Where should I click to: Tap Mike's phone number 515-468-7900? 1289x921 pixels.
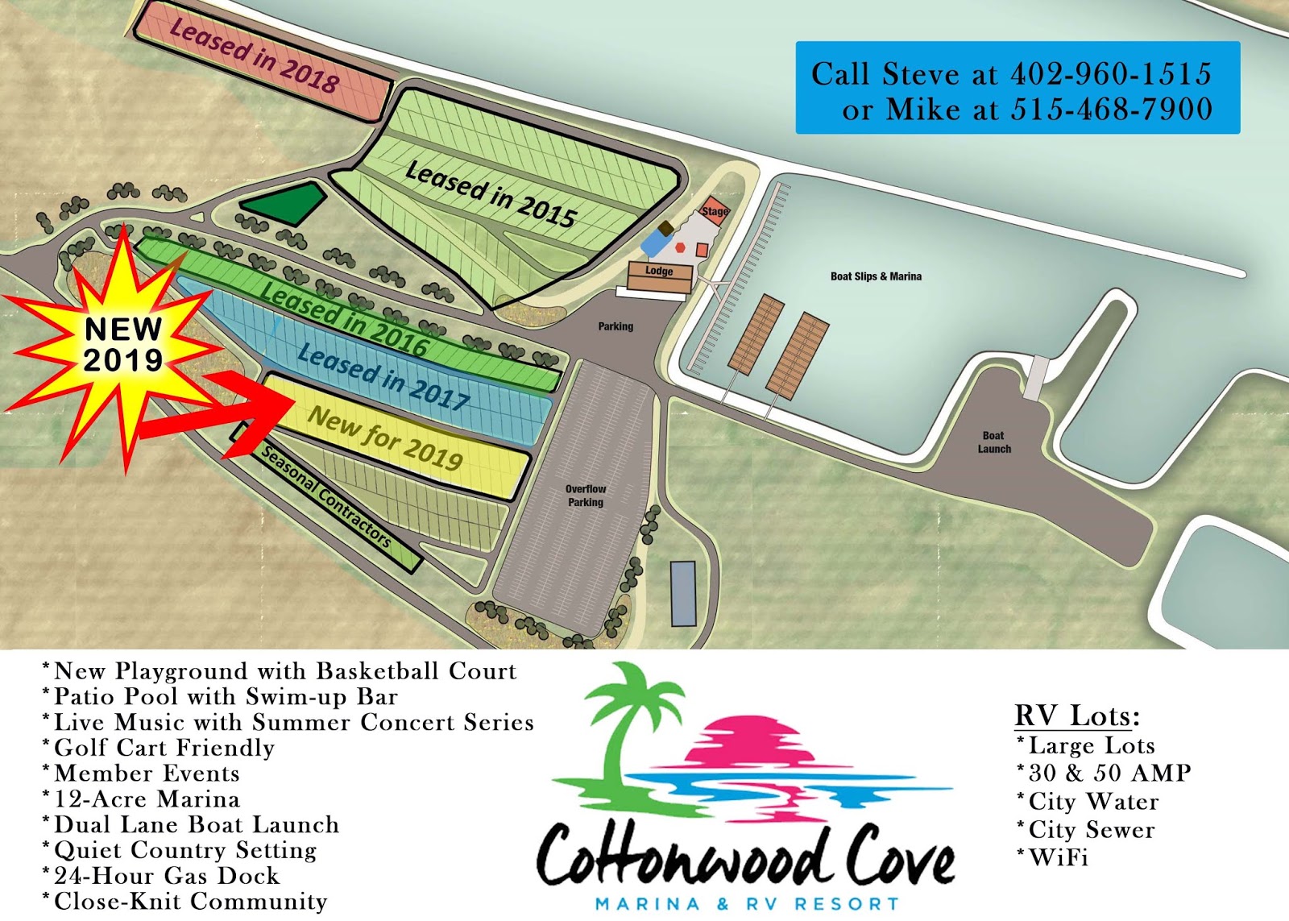point(1111,110)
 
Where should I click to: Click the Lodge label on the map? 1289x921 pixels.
point(659,272)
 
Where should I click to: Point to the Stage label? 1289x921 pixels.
point(715,211)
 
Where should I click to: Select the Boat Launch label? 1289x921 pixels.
point(994,442)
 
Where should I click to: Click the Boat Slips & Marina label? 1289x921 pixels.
point(876,276)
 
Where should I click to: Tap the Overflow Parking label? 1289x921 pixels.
point(586,496)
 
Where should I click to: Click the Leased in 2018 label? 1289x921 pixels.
point(254,56)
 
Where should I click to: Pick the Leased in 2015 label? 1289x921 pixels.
point(491,193)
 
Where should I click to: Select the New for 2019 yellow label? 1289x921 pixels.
point(385,438)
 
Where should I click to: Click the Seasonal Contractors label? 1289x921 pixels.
point(326,497)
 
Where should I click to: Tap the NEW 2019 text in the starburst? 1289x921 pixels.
point(123,345)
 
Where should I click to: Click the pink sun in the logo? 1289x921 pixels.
point(745,737)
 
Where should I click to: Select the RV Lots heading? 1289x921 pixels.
point(1076,716)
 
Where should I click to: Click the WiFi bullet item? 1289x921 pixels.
point(1058,858)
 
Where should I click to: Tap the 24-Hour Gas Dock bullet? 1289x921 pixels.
point(166,876)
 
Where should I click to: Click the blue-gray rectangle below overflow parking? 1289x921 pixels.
point(683,594)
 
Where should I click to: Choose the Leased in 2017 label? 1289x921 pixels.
point(383,376)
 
